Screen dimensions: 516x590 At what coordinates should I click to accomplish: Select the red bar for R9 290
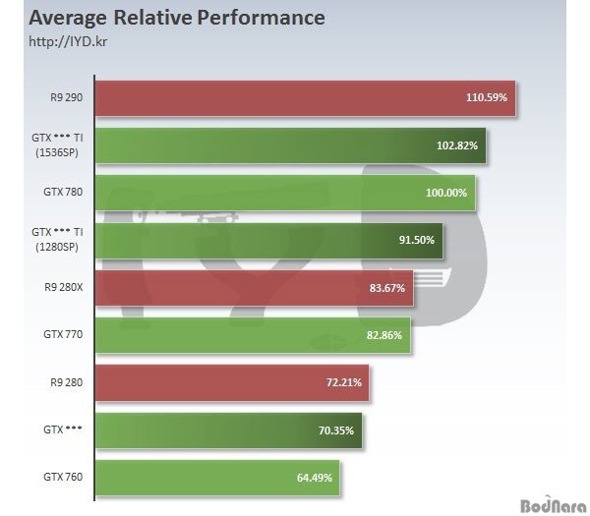[305, 98]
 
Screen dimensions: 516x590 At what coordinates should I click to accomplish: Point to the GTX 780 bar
[285, 193]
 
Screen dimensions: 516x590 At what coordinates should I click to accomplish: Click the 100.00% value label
[448, 193]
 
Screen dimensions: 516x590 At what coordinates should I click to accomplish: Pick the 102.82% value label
[458, 145]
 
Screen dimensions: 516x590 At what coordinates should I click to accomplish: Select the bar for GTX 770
[253, 335]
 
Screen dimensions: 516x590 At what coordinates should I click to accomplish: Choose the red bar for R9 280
[232, 382]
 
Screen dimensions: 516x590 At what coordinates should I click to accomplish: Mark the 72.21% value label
[343, 382]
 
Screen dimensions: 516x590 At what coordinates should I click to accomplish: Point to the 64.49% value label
[316, 478]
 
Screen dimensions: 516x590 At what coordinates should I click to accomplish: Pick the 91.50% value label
[416, 240]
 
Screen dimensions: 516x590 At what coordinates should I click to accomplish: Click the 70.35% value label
[336, 430]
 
